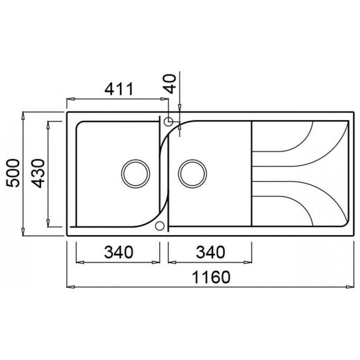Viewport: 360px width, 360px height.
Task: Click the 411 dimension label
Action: pyautogui.click(x=119, y=89)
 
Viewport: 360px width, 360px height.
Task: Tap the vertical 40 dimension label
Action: pyautogui.click(x=170, y=84)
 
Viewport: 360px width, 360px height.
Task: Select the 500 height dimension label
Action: pyautogui.click(x=13, y=173)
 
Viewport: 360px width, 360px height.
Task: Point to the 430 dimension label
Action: pyautogui.click(x=38, y=173)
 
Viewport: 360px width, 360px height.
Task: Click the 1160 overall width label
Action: pyautogui.click(x=211, y=277)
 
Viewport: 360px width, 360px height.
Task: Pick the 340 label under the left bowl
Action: pyautogui.click(x=119, y=252)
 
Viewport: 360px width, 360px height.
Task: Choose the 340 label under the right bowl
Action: pyautogui.click(x=211, y=252)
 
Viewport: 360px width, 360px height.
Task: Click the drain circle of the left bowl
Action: pyautogui.click(x=136, y=174)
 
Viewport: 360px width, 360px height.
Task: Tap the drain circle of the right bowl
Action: pyautogui.click(x=192, y=174)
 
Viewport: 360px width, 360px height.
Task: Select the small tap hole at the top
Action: pyautogui.click(x=168, y=121)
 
